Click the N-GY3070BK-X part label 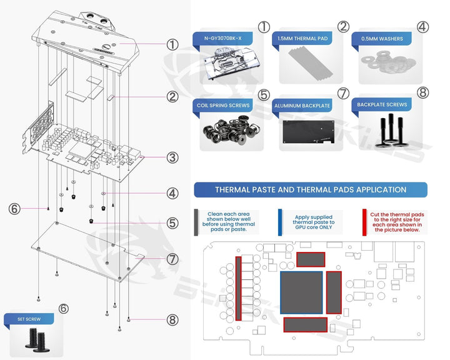pyautogui.click(x=222, y=39)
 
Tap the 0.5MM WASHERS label pyautogui.click(x=382, y=39)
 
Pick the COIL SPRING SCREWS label pyautogui.click(x=223, y=106)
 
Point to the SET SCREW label pyautogui.click(x=28, y=319)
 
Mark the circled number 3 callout pyautogui.click(x=172, y=157)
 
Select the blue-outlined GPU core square pyautogui.click(x=302, y=291)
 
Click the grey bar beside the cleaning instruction pyautogui.click(x=197, y=222)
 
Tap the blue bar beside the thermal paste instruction pyautogui.click(x=280, y=222)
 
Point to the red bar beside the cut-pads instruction pyautogui.click(x=364, y=222)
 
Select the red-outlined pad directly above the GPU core pyautogui.click(x=311, y=260)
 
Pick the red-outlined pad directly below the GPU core pyautogui.click(x=305, y=324)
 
